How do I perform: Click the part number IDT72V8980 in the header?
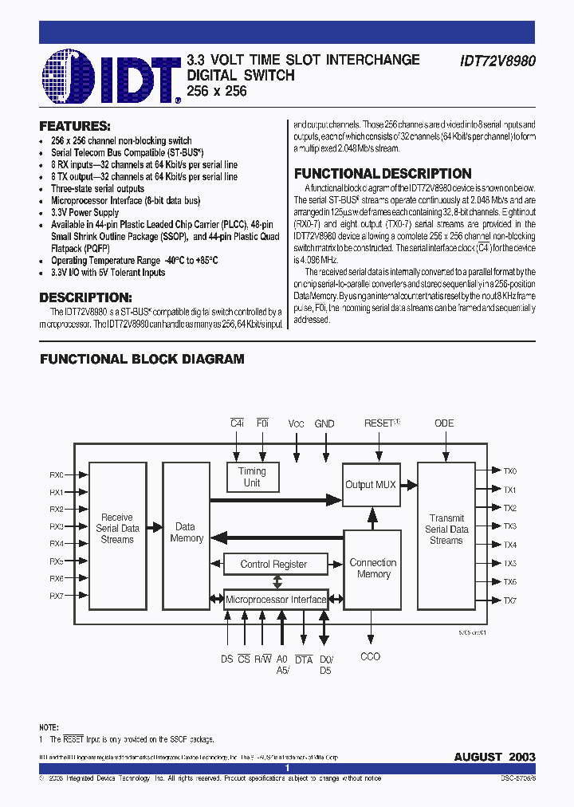(x=497, y=61)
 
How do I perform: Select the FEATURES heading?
(x=75, y=126)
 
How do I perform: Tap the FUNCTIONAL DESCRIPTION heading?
(x=383, y=174)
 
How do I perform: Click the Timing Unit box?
(x=252, y=477)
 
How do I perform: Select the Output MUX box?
(x=370, y=485)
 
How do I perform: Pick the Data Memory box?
(x=186, y=533)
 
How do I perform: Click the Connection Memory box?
(x=372, y=568)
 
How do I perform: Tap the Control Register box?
(x=273, y=564)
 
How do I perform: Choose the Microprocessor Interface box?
(x=275, y=600)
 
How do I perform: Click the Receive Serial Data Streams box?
(x=117, y=529)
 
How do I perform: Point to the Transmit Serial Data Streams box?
(x=446, y=529)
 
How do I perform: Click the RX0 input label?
(x=57, y=474)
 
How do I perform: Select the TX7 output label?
(x=510, y=600)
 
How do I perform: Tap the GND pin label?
(x=324, y=424)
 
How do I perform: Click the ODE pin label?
(x=444, y=423)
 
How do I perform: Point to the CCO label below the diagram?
(x=371, y=656)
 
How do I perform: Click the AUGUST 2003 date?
(x=494, y=757)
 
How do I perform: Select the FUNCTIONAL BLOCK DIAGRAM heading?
(x=142, y=360)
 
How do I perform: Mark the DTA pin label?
(x=304, y=659)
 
